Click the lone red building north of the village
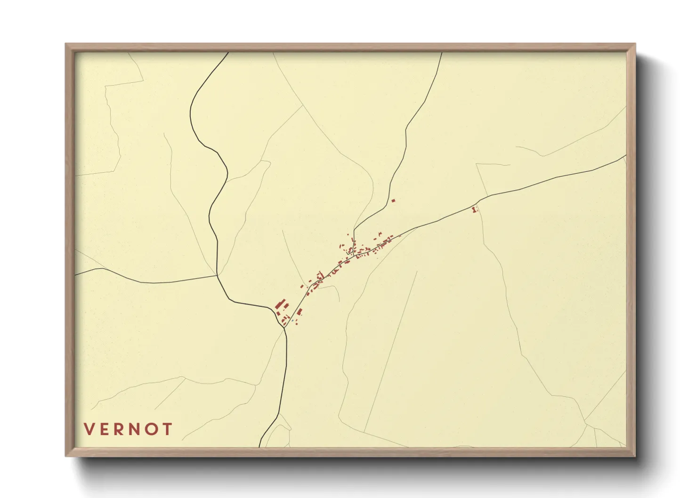click(393, 201)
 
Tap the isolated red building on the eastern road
click(474, 209)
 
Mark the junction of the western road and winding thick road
click(217, 276)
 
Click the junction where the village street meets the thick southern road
click(284, 328)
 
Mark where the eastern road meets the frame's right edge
click(626, 155)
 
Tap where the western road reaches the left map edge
click(76, 273)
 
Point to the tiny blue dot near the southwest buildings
click(292, 321)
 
